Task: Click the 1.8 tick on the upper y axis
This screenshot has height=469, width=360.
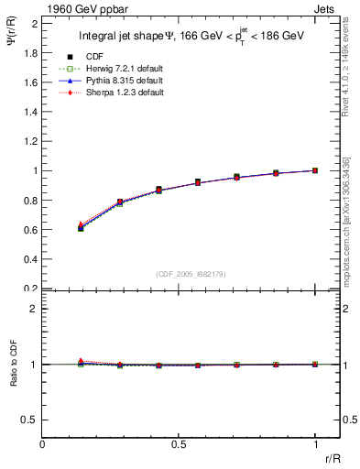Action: tap(30, 52)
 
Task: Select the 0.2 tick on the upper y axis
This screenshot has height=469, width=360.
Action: tap(30, 288)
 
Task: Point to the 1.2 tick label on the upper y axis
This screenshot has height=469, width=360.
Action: tap(30, 141)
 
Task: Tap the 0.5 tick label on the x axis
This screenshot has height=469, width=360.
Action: tap(179, 444)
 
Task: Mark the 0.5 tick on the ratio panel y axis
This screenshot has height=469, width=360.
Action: tap(30, 420)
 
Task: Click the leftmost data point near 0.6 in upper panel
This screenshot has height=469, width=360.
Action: tap(81, 227)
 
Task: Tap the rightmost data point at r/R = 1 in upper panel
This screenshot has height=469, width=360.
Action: tap(316, 170)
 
